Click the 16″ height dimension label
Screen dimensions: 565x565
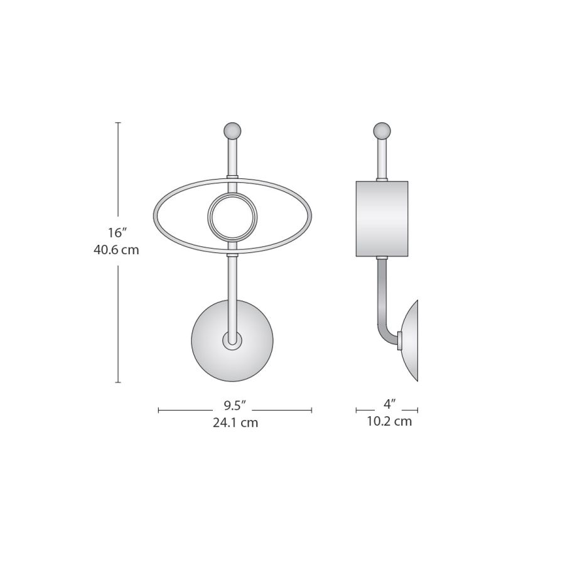116,233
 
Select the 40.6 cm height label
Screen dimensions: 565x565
116,250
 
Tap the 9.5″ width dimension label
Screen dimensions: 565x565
235,406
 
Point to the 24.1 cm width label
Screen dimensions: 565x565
235,422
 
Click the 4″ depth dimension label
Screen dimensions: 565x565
389,404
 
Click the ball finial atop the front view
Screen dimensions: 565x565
232,131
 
